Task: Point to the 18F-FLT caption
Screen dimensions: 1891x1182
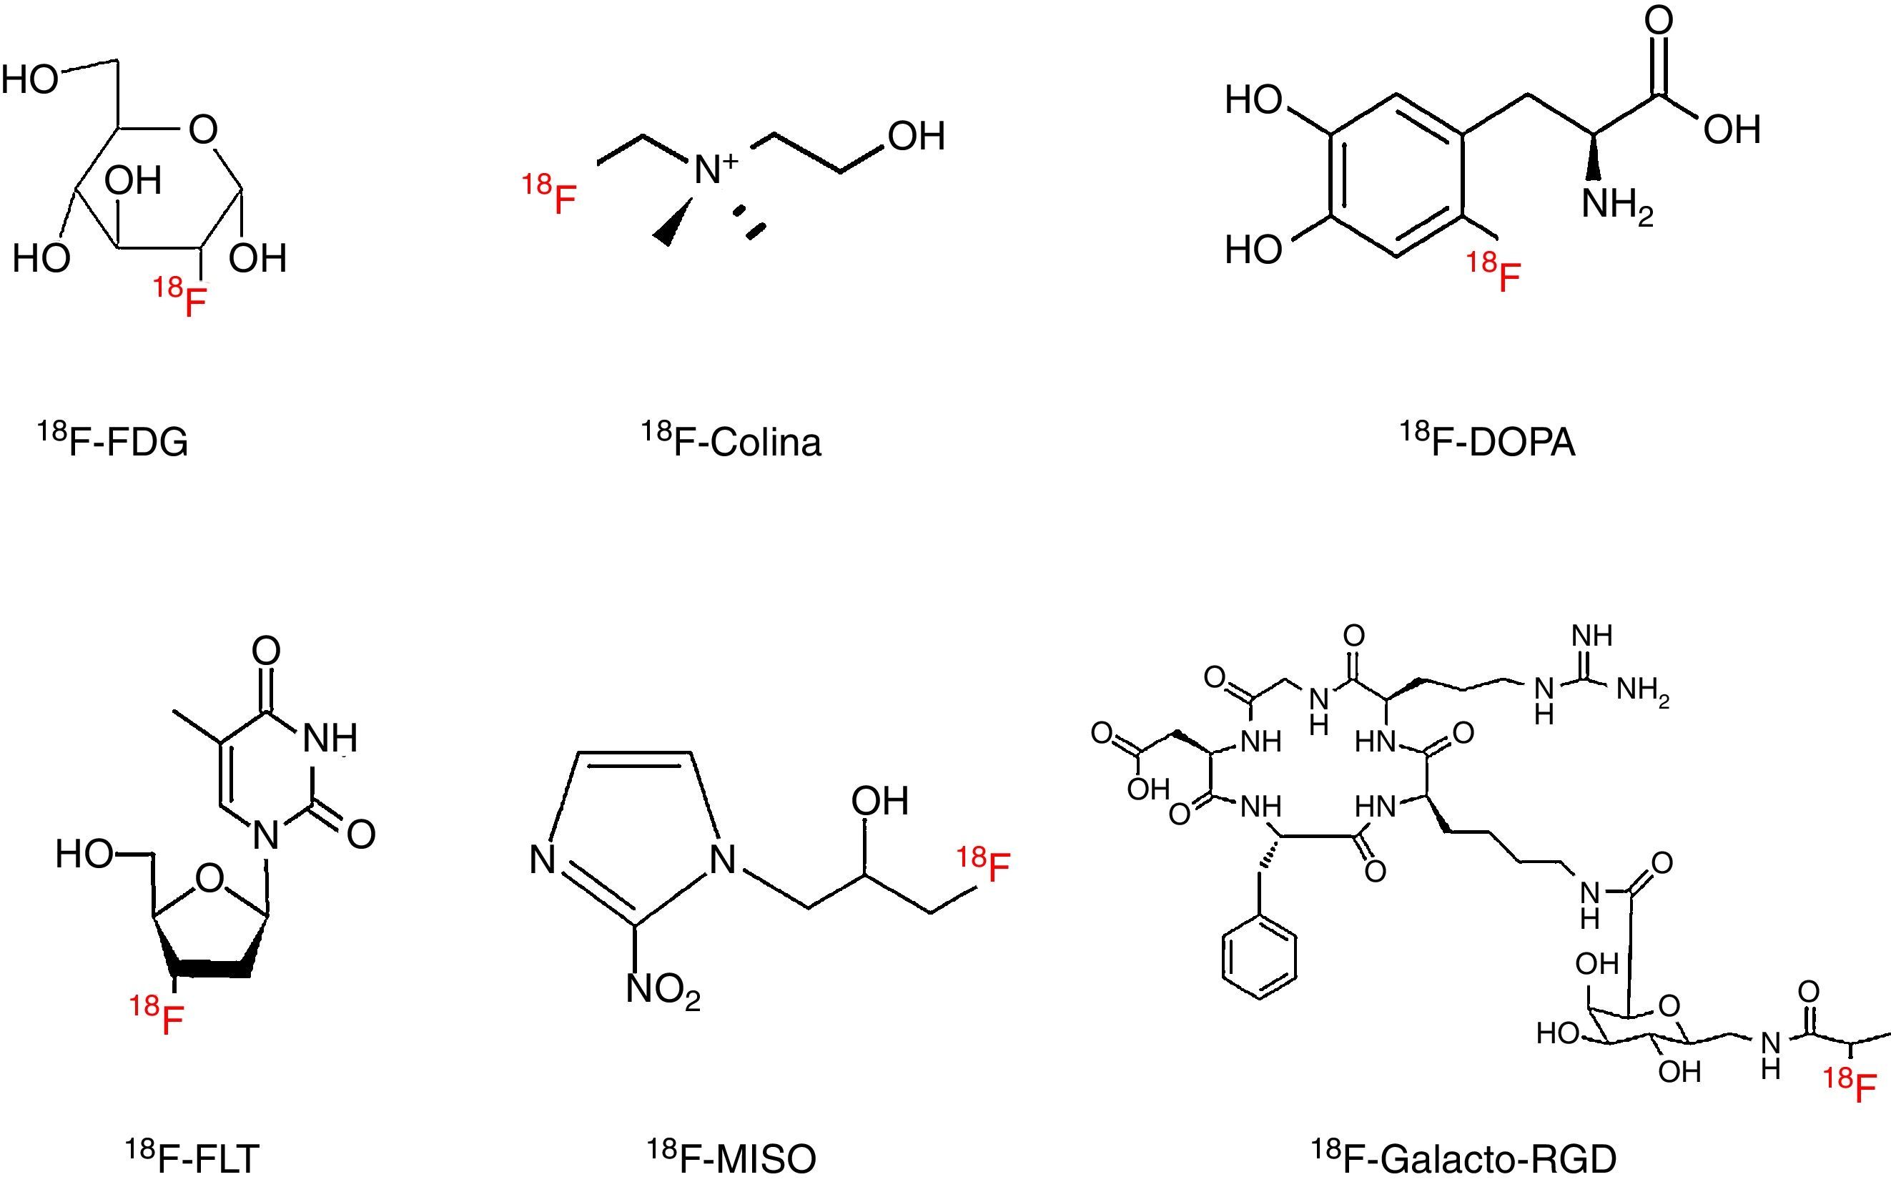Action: [192, 1157]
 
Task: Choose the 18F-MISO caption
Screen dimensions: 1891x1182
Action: [731, 1157]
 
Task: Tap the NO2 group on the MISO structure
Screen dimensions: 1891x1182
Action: [663, 990]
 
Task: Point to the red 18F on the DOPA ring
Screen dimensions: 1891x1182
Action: [1494, 273]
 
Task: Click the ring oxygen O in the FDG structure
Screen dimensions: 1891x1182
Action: [203, 129]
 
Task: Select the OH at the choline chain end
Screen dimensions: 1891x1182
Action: [916, 136]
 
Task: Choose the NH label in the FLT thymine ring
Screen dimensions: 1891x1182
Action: [329, 737]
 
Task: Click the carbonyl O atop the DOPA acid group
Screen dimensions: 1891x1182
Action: [1659, 21]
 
